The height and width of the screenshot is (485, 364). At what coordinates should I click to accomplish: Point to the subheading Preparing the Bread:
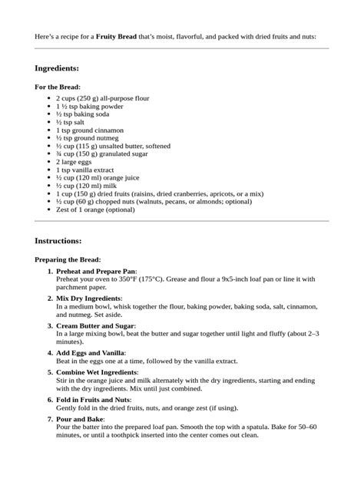pyautogui.click(x=68, y=259)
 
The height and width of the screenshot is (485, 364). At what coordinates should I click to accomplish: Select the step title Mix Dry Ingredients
pyautogui.click(x=89, y=297)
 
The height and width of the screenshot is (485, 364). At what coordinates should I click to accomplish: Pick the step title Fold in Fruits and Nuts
pyautogui.click(x=93, y=400)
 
